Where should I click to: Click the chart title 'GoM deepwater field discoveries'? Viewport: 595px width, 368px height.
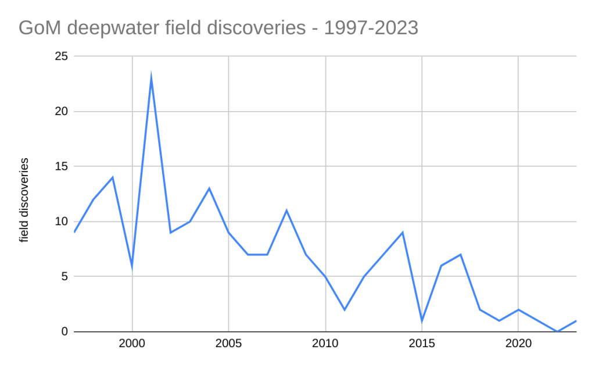218,27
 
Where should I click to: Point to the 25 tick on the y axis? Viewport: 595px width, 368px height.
62,56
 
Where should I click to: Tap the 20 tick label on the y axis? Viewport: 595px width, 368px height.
62,112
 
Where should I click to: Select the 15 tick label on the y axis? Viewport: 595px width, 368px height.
62,167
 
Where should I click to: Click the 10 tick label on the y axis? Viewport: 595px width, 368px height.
62,221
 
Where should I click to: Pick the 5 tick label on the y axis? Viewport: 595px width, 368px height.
64,277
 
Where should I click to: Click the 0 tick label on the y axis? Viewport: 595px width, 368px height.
64,331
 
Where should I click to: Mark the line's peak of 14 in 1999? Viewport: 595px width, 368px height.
113,177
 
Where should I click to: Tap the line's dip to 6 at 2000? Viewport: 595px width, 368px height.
132,266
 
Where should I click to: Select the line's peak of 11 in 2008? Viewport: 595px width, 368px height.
286,210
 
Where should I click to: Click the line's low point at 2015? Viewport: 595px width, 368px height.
421,320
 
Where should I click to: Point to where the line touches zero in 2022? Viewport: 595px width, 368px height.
557,331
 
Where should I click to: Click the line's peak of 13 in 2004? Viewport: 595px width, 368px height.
209,188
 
